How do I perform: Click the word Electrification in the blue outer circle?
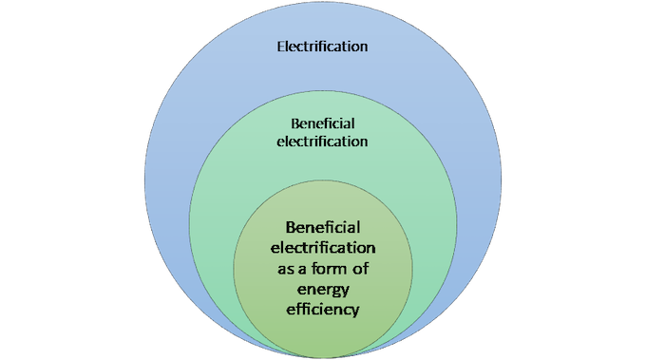pyautogui.click(x=322, y=47)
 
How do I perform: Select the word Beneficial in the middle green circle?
pyautogui.click(x=323, y=123)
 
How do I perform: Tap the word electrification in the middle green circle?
pyautogui.click(x=322, y=142)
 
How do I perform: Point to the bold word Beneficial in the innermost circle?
pyautogui.click(x=323, y=227)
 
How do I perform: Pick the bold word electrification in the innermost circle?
pyautogui.click(x=323, y=248)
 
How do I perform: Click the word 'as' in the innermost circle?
pyautogui.click(x=286, y=270)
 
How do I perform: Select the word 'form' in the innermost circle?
pyautogui.click(x=330, y=269)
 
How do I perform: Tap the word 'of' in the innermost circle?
pyautogui.click(x=360, y=269)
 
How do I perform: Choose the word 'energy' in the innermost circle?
pyautogui.click(x=323, y=290)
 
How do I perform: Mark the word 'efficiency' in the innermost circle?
pyautogui.click(x=323, y=310)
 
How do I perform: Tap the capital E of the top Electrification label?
pyautogui.click(x=281, y=47)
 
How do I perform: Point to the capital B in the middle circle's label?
pyautogui.click(x=295, y=123)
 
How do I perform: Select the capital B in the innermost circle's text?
pyautogui.click(x=291, y=227)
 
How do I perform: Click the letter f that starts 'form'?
pyautogui.click(x=315, y=269)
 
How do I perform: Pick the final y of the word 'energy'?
pyautogui.click(x=345, y=292)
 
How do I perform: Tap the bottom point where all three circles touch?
pyautogui.click(x=323, y=357)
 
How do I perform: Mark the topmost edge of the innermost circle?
pyautogui.click(x=323, y=180)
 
